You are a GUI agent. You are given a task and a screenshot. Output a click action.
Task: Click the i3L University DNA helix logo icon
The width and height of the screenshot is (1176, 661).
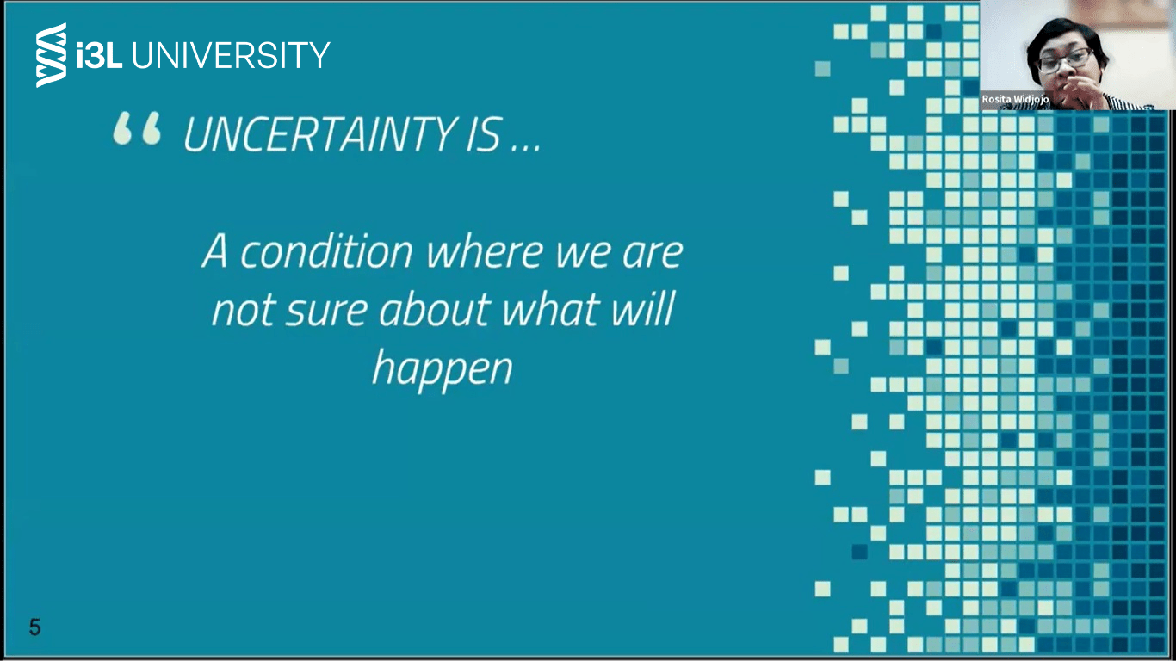52,54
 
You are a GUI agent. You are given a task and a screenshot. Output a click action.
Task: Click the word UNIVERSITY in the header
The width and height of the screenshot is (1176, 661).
231,54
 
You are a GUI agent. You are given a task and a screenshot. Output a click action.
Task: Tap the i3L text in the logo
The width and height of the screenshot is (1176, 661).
99,54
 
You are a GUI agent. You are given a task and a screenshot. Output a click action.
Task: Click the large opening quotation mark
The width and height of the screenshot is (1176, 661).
137,128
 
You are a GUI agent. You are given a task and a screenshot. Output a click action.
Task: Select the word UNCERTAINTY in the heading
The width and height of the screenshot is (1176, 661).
320,134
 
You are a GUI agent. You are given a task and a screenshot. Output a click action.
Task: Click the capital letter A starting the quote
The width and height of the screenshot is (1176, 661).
215,251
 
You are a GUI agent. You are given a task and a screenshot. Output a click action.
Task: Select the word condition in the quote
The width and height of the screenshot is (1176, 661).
326,251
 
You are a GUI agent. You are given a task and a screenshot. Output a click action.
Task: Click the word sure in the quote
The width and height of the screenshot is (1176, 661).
326,311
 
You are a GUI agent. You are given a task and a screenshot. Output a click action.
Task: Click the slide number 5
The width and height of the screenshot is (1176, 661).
34,627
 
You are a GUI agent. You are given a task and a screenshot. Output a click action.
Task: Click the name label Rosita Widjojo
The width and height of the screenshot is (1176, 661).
1015,99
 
